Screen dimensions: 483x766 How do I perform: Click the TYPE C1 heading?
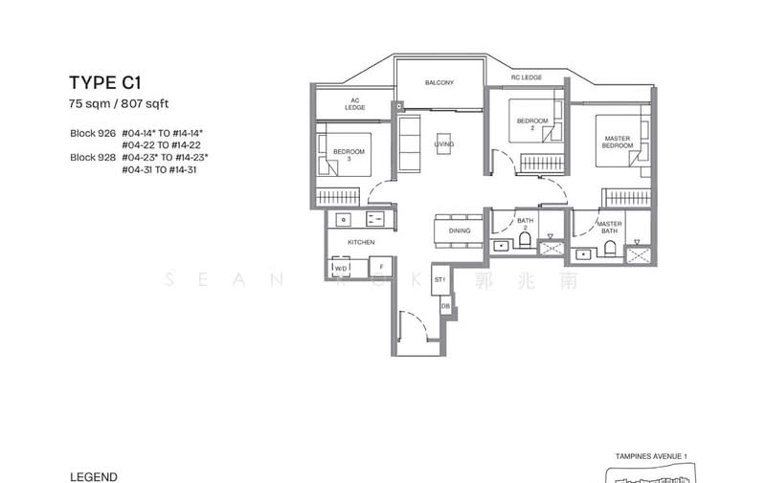coord(105,83)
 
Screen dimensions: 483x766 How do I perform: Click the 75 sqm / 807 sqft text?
coord(119,103)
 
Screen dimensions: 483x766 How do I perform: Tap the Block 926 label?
coord(92,133)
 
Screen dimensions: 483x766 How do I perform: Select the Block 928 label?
coord(92,157)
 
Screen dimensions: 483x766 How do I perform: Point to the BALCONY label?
coord(439,83)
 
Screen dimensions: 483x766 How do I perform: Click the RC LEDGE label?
coord(527,77)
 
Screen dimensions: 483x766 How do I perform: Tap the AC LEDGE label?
coord(355,104)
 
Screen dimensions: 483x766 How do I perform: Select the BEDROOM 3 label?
coord(349,156)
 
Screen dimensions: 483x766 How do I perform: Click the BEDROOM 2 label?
coord(532,124)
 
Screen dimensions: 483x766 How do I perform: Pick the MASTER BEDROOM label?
coord(617,143)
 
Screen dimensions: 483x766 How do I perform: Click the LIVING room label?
coord(443,143)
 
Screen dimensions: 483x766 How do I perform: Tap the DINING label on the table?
coord(459,231)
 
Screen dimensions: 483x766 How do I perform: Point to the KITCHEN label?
coord(360,243)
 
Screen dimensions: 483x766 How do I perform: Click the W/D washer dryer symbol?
coord(341,269)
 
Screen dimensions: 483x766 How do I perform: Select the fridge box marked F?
coord(380,267)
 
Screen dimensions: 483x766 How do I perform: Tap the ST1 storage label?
coord(440,280)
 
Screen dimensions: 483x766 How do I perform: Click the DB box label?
coord(445,307)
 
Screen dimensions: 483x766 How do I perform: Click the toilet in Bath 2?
coord(525,245)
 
